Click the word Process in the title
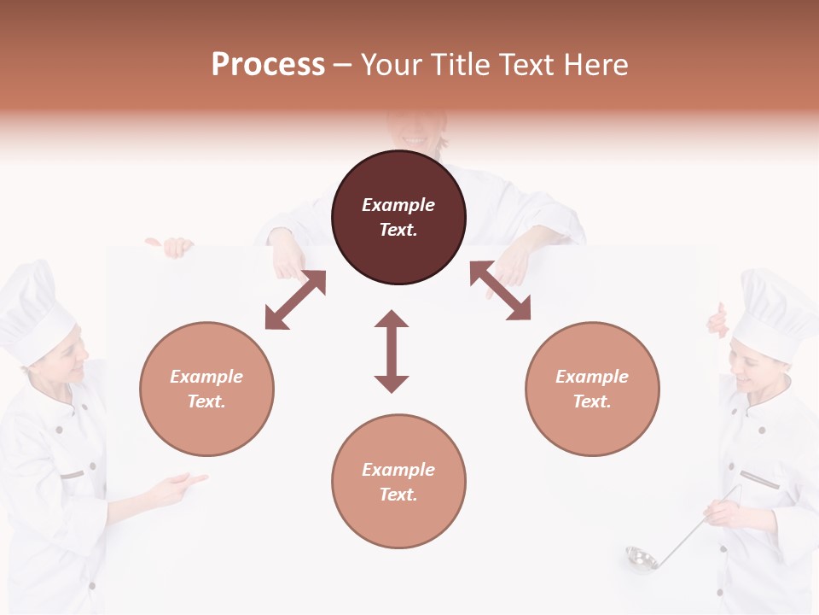tap(268, 65)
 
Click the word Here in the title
tap(596, 65)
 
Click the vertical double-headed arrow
tap(392, 351)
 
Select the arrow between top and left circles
tap(295, 300)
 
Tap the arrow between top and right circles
tap(500, 290)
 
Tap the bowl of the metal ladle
tap(641, 559)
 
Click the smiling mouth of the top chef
tap(414, 140)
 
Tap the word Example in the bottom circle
tap(398, 470)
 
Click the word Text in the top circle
tap(398, 230)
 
